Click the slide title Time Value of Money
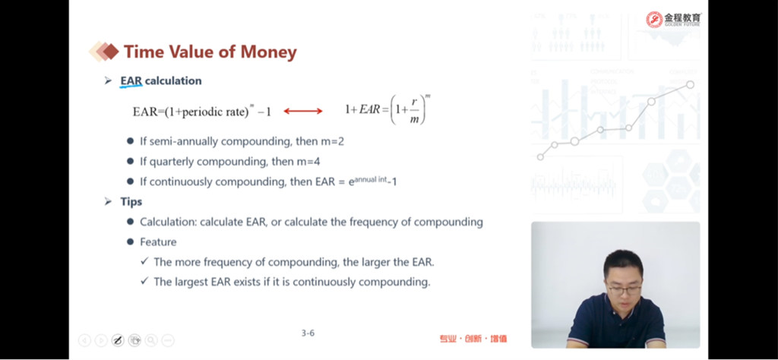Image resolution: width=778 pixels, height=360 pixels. pos(210,52)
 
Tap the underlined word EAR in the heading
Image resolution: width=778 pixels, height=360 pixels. pos(131,81)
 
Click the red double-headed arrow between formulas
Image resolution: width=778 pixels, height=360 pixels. pos(303,111)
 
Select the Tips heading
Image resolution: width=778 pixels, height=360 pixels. pos(131,202)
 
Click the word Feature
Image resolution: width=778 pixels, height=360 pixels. pos(158,242)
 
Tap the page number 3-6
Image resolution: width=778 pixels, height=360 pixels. pos(308,333)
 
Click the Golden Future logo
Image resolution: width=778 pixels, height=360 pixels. pos(674,19)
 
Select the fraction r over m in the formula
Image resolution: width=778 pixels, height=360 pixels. pos(413,110)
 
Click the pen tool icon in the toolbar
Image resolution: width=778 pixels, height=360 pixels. pos(118,340)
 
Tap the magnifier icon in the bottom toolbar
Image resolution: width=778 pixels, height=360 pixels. pos(151,340)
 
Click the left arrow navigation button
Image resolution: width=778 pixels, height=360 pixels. pos(84,340)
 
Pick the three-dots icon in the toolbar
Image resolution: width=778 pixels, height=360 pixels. pos(168,340)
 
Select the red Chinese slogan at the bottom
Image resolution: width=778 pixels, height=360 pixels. pos(473,339)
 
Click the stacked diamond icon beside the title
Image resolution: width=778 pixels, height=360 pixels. pos(104,51)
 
